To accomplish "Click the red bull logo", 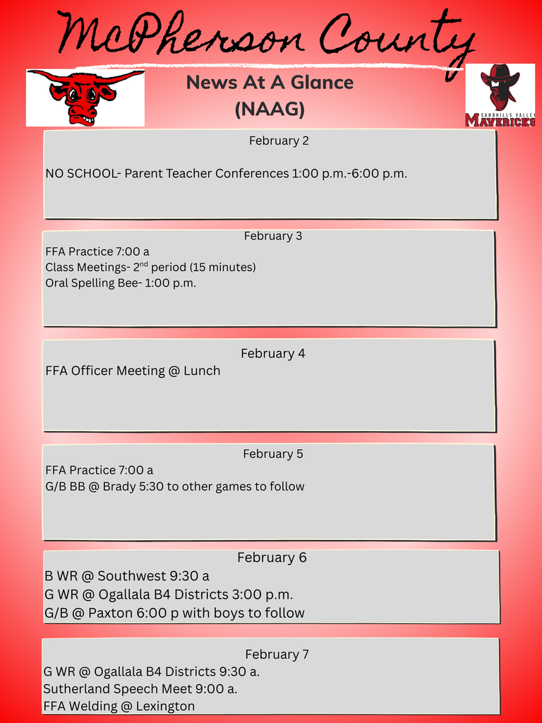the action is [x=85, y=97].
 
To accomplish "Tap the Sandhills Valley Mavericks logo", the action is [x=500, y=95].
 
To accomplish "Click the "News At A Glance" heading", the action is [x=270, y=83].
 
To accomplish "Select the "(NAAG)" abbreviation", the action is [x=270, y=110].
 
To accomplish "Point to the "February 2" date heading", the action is [x=279, y=141].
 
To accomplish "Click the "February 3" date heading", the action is [x=273, y=236].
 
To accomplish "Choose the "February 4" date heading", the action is [x=273, y=354].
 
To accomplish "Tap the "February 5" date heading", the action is [x=273, y=454].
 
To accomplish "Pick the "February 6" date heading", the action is [x=272, y=558].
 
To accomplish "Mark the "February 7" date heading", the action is [x=277, y=655].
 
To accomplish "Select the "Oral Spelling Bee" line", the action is [x=121, y=284].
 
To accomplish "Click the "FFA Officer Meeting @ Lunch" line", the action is [x=133, y=371].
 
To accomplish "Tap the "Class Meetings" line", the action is [x=150, y=267].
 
